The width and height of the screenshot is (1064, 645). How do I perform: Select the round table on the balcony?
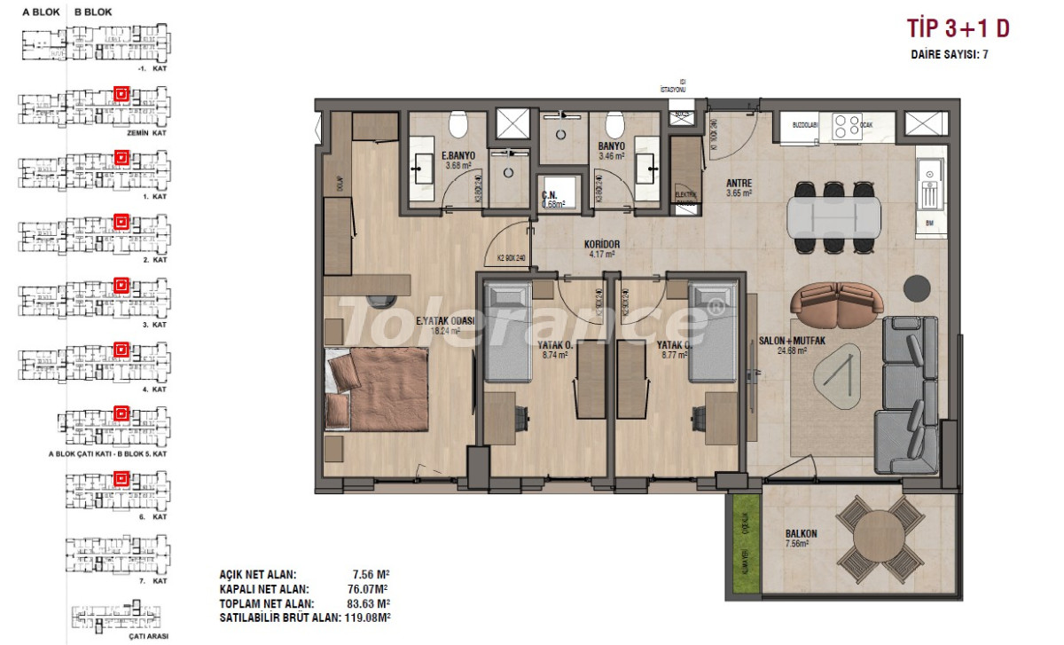tap(881, 537)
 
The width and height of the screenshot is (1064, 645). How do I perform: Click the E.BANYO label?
tap(459, 156)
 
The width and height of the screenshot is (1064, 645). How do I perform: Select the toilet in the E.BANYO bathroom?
tap(458, 125)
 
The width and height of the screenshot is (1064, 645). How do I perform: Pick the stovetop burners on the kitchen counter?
tap(846, 125)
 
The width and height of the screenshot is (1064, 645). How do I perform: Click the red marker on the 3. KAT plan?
tap(121, 285)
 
